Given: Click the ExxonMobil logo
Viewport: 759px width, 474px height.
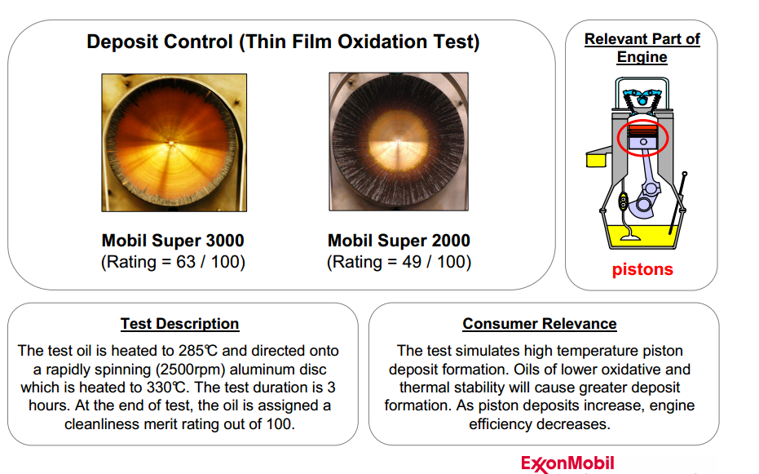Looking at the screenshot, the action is [567, 463].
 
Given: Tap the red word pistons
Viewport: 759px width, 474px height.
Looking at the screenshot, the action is [642, 269].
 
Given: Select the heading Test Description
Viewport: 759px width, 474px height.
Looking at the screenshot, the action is [179, 323].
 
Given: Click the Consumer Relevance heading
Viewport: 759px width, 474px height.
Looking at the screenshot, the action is [539, 323].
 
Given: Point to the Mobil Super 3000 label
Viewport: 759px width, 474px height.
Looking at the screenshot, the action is [173, 240].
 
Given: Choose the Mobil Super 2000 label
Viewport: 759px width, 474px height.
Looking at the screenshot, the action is [399, 240].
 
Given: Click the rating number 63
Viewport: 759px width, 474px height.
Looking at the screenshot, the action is [185, 262].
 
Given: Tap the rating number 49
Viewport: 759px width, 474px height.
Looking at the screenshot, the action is [412, 262].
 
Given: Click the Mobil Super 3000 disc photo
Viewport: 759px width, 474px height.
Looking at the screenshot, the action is [174, 142].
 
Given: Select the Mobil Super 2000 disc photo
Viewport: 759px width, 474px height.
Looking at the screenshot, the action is [399, 141].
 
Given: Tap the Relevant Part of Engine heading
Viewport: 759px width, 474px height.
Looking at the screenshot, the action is [642, 47].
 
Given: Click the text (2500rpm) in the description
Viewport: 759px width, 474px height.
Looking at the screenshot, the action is [190, 370].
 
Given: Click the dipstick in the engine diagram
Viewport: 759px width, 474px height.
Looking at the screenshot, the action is [677, 202].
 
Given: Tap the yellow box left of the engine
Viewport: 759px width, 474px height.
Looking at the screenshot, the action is [596, 160].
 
